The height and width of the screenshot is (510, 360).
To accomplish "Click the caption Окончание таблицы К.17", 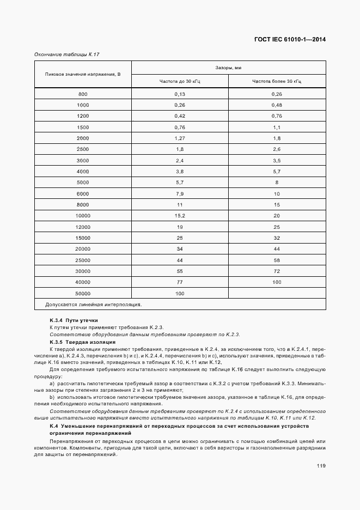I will click(x=66, y=54).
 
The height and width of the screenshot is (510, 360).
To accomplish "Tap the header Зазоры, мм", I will click(x=228, y=68).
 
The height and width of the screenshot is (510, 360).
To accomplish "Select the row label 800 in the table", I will click(x=83, y=94).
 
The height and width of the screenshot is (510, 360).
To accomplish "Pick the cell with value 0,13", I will click(x=180, y=94).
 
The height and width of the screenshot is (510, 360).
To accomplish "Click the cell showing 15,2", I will click(x=180, y=216).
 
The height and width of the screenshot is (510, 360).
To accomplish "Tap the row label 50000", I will click(x=83, y=293).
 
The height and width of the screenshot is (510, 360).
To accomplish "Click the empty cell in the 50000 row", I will click(x=277, y=293).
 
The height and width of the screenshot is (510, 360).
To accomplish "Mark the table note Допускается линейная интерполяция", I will click(x=93, y=305).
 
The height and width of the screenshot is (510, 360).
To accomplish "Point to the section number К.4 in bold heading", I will click(x=53, y=426).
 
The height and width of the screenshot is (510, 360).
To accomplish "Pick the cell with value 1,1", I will click(x=277, y=127).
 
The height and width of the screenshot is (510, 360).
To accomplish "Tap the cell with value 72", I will click(x=277, y=271).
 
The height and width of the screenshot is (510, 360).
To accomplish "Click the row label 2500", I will click(x=83, y=149).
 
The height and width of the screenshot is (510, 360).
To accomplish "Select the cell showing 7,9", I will click(x=180, y=194).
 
